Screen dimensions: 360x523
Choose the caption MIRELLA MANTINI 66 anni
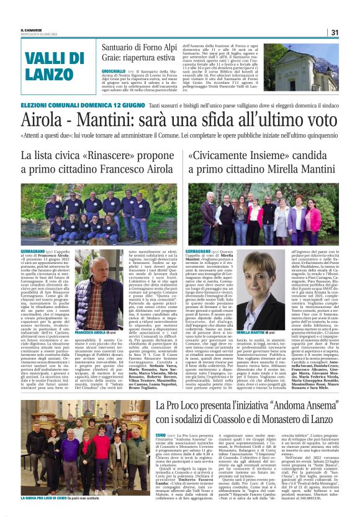(x=268, y=332)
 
